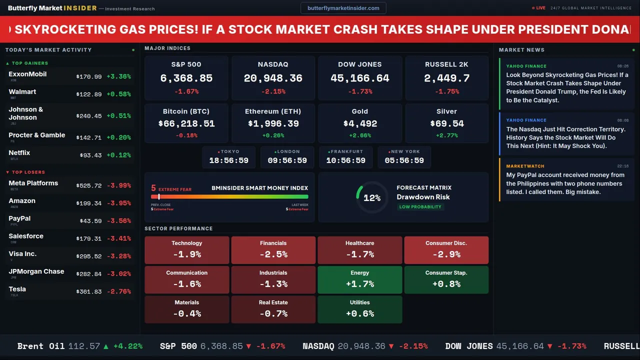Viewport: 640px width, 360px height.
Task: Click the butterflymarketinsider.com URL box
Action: tap(343, 8)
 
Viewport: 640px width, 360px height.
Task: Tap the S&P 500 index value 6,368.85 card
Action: tap(186, 78)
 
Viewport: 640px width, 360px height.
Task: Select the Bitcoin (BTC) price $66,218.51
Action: tap(186, 123)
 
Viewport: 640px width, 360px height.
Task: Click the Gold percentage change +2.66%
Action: tap(359, 135)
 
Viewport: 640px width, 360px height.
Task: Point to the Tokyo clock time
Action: tap(228, 160)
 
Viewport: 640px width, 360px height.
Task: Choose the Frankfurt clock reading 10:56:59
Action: tap(345, 160)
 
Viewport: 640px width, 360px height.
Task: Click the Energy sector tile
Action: tap(359, 279)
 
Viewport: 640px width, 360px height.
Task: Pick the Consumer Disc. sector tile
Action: tap(446, 250)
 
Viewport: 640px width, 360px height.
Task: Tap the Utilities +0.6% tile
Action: tap(359, 309)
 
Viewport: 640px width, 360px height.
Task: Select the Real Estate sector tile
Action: tap(273, 309)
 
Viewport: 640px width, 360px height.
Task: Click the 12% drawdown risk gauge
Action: tap(371, 197)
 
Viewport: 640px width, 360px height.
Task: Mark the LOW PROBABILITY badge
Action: tap(420, 207)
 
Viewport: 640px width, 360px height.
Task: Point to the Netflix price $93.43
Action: tap(90, 155)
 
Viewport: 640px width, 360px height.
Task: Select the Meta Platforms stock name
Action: tap(33, 183)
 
